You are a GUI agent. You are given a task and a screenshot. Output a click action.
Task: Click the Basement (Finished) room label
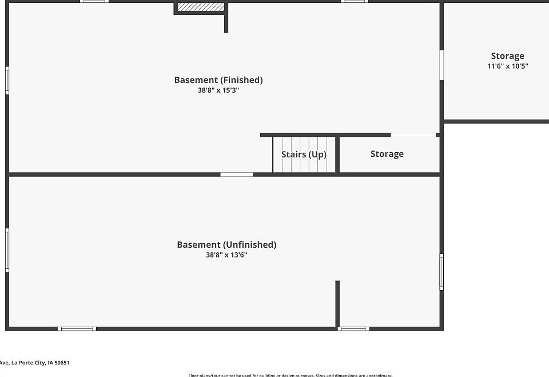tap(218, 80)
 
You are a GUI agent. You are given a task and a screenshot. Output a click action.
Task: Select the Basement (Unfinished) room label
tap(226, 245)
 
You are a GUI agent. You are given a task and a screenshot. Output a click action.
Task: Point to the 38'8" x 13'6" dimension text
tap(226, 255)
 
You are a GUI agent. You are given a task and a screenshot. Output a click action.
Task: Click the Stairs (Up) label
tap(304, 154)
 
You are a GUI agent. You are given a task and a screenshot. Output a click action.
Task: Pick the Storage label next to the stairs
tap(387, 154)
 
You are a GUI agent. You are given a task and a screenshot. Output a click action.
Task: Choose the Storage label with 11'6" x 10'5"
tap(507, 56)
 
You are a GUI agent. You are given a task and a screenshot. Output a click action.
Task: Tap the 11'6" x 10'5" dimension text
tap(507, 66)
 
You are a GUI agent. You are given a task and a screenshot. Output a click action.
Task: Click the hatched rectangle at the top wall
tap(200, 7)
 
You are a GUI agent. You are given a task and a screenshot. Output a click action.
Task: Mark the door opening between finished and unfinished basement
tap(237, 174)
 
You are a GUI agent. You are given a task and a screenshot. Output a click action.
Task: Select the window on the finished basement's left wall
tap(7, 80)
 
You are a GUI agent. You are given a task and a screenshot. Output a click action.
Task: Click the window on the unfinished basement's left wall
tap(7, 250)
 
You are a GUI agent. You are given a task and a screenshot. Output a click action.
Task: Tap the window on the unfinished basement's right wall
tap(441, 272)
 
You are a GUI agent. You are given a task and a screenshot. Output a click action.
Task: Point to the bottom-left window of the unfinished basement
tap(77, 328)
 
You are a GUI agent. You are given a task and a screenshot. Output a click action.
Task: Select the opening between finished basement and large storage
tap(441, 65)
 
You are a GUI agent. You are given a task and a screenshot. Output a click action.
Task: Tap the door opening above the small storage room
tap(413, 135)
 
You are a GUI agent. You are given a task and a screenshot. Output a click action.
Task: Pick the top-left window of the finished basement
tap(94, 2)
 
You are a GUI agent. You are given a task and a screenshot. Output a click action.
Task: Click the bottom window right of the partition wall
tap(353, 328)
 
